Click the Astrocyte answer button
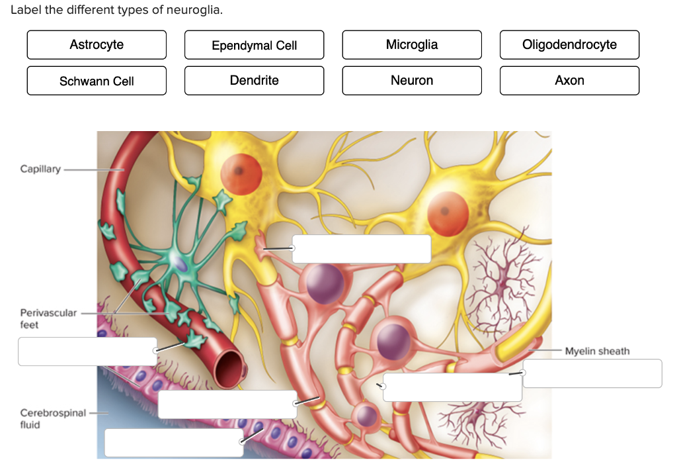[x=97, y=45]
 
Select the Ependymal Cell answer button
[x=254, y=45]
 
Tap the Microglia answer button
[x=411, y=45]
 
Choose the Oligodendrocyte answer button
[x=569, y=45]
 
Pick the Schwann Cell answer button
[x=97, y=81]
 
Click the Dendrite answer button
[x=254, y=81]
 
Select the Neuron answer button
[x=411, y=81]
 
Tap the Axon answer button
[x=569, y=81]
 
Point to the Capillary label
[x=40, y=169]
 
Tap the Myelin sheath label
[x=597, y=351]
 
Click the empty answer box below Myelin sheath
[x=593, y=373]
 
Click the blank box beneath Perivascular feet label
[x=87, y=352]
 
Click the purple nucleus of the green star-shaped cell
[x=181, y=264]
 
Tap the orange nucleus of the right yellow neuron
[x=448, y=213]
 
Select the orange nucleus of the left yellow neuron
[x=241, y=171]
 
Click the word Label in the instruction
[x=25, y=11]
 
